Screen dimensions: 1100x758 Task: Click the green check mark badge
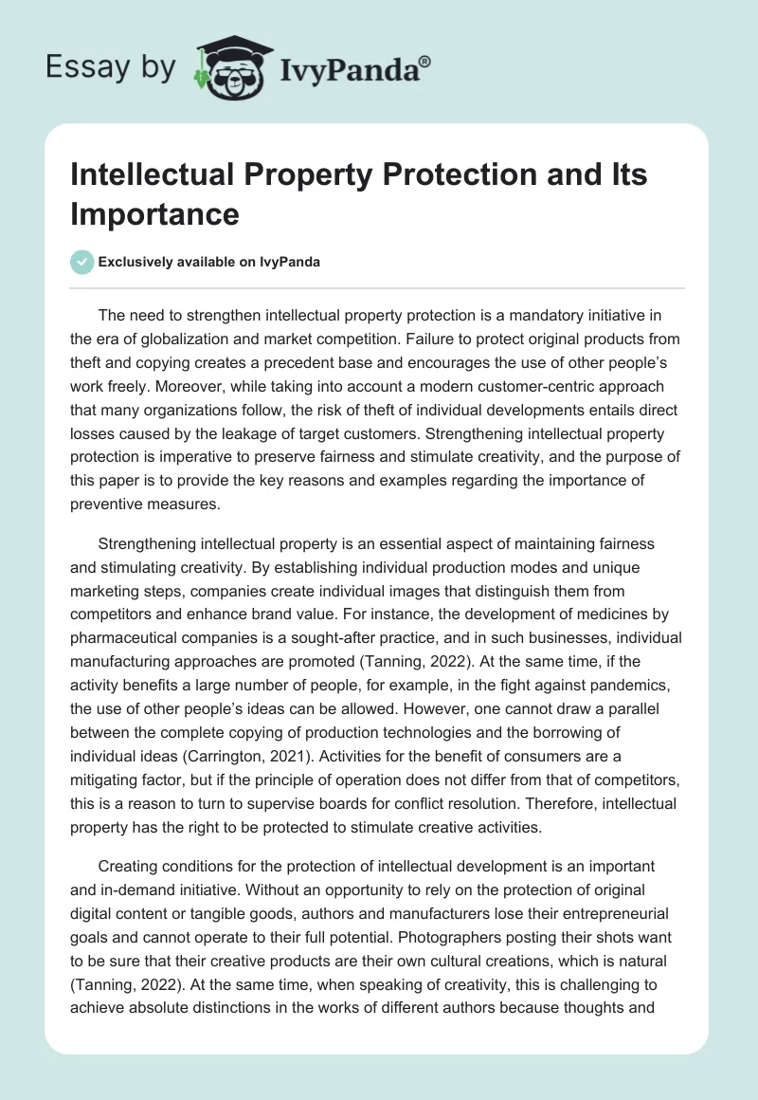pyautogui.click(x=82, y=262)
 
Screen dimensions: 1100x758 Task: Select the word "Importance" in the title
pyautogui.click(x=154, y=213)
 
